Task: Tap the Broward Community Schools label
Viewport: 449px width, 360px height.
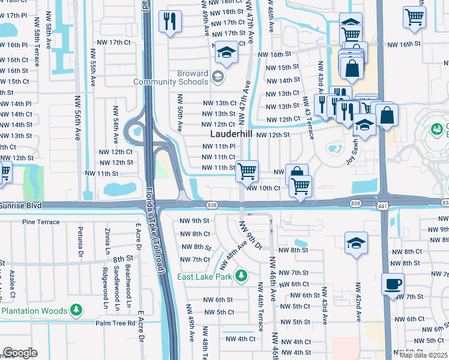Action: (171, 78)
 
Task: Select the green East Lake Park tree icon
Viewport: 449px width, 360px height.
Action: (241, 275)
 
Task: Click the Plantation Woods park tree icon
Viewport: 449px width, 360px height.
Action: (76, 310)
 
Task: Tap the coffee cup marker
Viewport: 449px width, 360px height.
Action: (393, 283)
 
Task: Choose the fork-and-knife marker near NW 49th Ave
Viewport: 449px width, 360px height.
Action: (170, 22)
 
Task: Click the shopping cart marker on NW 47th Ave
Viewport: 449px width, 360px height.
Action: (247, 171)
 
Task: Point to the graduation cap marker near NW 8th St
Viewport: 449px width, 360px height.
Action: (357, 243)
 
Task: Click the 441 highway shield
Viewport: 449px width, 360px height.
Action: (382, 206)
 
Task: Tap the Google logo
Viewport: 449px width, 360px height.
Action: (20, 353)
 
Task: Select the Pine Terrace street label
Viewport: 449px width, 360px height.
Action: (41, 222)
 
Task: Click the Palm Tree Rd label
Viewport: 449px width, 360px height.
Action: (115, 323)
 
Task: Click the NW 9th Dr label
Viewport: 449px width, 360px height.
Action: (251, 235)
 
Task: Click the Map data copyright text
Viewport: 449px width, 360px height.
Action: (424, 355)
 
